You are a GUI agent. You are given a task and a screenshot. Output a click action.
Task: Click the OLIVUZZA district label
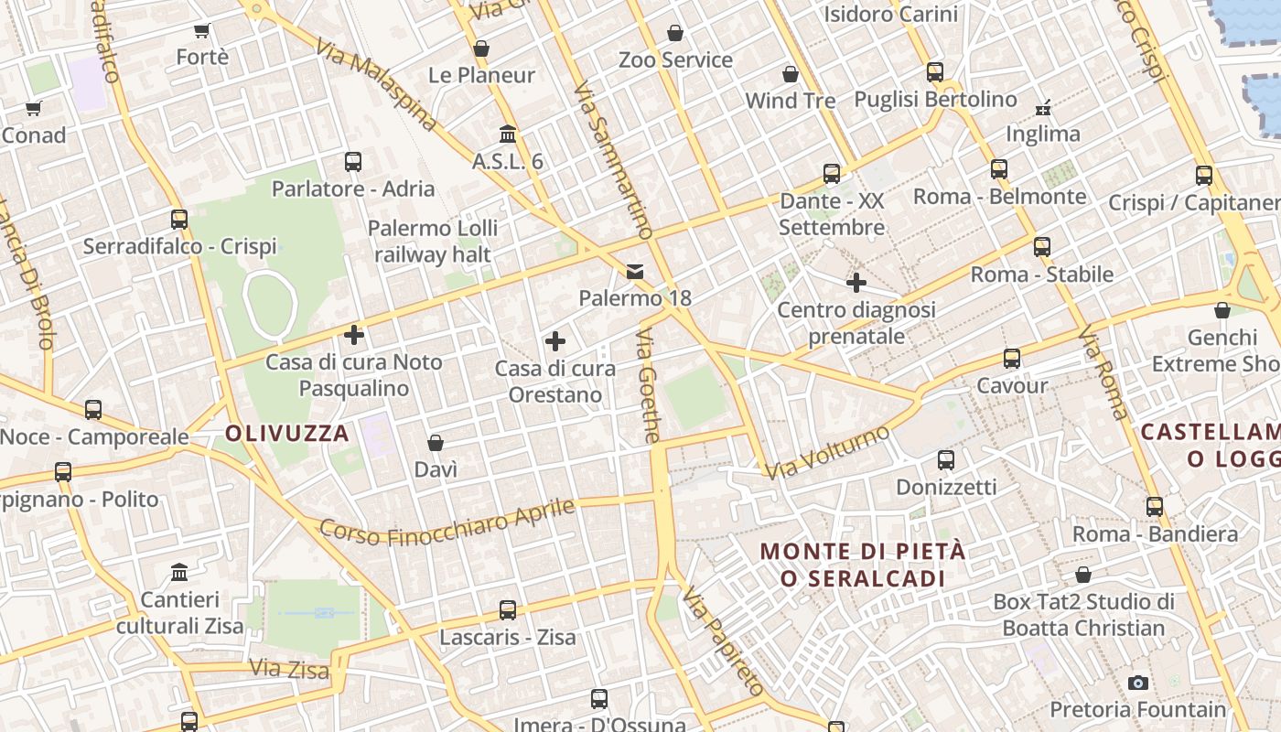(x=287, y=434)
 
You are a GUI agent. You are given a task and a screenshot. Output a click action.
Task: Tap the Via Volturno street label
(x=828, y=453)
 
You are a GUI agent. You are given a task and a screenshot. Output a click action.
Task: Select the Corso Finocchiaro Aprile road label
(x=447, y=522)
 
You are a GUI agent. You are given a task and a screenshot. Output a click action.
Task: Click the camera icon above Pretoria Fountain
(x=1138, y=683)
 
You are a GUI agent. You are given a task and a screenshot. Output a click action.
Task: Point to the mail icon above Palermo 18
(x=635, y=272)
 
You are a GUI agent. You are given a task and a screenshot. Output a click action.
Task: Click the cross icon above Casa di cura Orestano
(x=554, y=342)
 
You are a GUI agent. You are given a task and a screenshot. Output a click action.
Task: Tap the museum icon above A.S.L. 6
(x=508, y=135)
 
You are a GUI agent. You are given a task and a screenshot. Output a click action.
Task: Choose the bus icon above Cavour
(x=1012, y=359)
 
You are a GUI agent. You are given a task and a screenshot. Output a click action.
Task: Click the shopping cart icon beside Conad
(x=34, y=109)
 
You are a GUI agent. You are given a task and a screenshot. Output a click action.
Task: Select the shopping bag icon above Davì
(x=436, y=443)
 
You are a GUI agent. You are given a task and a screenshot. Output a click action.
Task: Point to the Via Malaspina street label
(x=377, y=83)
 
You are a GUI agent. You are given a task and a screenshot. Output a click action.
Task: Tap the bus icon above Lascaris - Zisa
(x=508, y=609)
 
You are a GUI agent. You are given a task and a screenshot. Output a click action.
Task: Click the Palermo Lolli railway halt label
(x=433, y=242)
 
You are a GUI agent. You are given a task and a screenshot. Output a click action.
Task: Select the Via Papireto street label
(x=723, y=640)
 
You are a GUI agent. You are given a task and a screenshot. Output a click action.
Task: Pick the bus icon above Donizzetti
(x=946, y=459)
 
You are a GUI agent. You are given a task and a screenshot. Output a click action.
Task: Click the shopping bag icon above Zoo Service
(x=675, y=34)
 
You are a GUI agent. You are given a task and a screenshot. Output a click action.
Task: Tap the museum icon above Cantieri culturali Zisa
(x=179, y=573)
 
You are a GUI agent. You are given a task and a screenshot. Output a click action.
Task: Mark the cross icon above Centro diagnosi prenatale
(x=856, y=283)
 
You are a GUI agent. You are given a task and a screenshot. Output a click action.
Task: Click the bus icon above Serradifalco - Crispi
(x=179, y=220)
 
